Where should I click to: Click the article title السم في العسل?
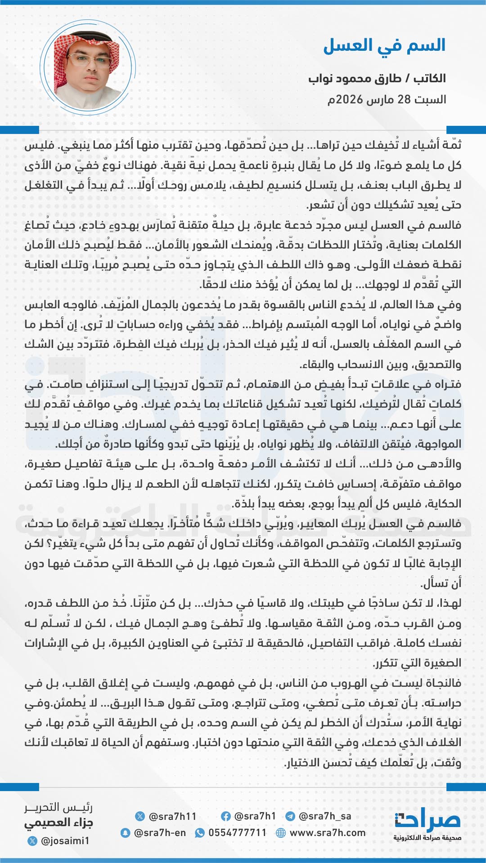tap(384, 46)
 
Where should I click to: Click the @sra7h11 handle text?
tap(172, 816)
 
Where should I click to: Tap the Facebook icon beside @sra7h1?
tap(226, 816)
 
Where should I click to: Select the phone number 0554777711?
tap(238, 832)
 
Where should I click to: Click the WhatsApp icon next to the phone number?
tap(199, 832)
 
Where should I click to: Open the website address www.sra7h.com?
tap(328, 832)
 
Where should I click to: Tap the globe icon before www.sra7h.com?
tap(281, 832)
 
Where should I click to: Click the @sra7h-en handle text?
tap(160, 832)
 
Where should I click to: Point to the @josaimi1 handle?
tap(65, 841)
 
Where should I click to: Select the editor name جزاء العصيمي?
tap(58, 823)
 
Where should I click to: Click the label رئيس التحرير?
tap(58, 808)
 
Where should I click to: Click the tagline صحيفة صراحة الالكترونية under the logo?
tap(427, 838)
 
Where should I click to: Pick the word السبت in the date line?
tap(430, 99)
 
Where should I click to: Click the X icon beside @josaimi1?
tap(32, 841)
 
